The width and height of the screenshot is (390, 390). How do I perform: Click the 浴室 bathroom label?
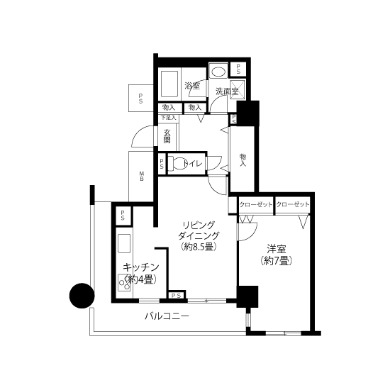[x=192, y=86]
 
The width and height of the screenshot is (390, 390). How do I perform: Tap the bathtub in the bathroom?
[x=169, y=84]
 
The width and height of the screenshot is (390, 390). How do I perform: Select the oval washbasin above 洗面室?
[x=218, y=72]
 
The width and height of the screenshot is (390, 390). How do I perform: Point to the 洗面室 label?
[x=227, y=91]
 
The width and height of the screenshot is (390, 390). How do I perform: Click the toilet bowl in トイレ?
[x=177, y=163]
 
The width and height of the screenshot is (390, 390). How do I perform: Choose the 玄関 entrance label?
[x=167, y=136]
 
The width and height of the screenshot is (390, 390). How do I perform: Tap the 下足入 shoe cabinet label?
[x=168, y=118]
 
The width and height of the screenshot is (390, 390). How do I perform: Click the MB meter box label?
[x=142, y=176]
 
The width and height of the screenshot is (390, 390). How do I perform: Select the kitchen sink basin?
[x=124, y=243]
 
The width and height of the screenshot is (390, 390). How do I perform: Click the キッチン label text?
[x=141, y=267]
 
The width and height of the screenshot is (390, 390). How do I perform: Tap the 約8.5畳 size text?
[x=199, y=247]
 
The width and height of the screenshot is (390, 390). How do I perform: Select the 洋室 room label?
[x=277, y=248]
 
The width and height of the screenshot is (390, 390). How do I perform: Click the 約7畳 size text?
[x=276, y=261]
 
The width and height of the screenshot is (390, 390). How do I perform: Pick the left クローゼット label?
[x=256, y=205]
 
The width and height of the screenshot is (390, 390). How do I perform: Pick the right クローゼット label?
[x=292, y=204]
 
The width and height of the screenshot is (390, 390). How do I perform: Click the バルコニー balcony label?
[x=167, y=316]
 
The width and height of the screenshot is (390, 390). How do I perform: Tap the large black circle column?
[x=82, y=296]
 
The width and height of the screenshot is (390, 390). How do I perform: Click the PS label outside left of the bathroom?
[x=141, y=98]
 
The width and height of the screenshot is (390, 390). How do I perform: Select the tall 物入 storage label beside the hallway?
[x=243, y=160]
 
